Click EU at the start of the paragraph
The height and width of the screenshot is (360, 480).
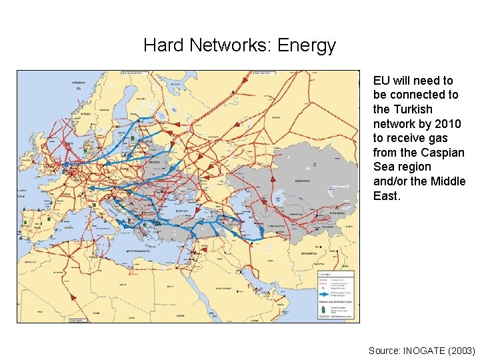point(381,81)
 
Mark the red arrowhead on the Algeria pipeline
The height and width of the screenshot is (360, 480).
point(72,293)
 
